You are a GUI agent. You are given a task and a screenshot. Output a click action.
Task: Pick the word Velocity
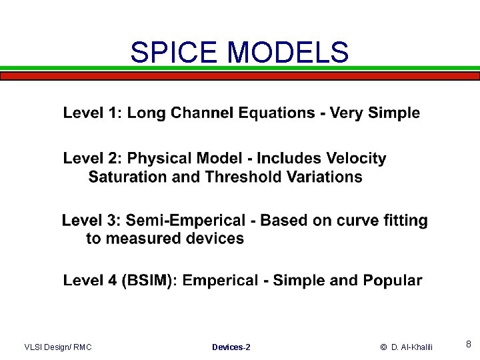pyautogui.click(x=356, y=159)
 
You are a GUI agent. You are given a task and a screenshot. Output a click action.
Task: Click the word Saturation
pyautogui.click(x=126, y=177)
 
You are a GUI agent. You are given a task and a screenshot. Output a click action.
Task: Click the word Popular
pyautogui.click(x=393, y=280)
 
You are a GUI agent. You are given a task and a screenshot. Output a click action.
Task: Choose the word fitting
pyautogui.click(x=401, y=220)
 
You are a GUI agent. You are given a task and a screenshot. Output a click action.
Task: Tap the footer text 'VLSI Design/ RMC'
pyautogui.click(x=58, y=347)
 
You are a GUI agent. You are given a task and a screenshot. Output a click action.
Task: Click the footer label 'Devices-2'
pyautogui.click(x=231, y=347)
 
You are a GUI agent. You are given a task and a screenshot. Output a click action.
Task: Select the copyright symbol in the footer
pyautogui.click(x=384, y=347)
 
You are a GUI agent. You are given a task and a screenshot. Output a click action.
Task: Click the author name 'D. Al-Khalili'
pyautogui.click(x=412, y=347)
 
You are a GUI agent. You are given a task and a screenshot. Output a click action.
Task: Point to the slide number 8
pyautogui.click(x=469, y=345)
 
